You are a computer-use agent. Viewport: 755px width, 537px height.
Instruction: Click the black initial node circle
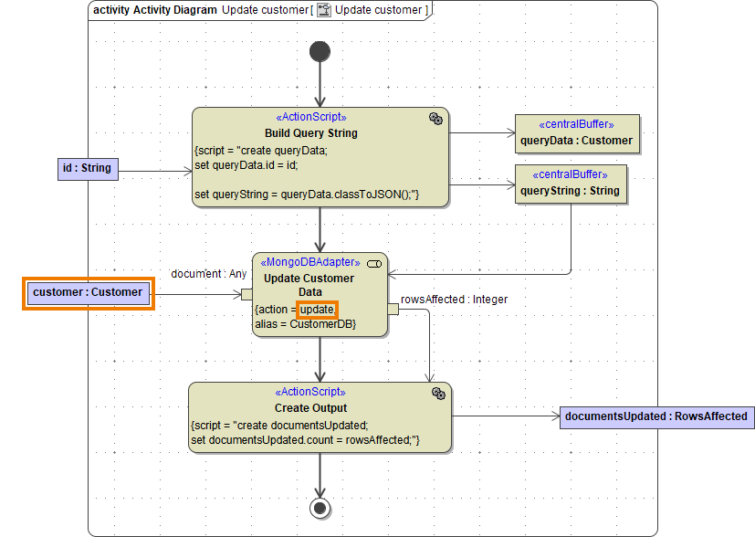pos(320,51)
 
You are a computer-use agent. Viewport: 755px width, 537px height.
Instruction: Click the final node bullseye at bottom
pos(320,507)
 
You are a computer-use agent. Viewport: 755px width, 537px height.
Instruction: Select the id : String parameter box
pos(87,168)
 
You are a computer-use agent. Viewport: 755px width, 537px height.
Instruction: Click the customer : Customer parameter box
pos(88,292)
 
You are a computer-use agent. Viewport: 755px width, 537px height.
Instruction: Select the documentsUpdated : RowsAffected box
pos(655,416)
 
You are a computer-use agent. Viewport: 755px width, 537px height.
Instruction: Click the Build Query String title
pos(310,133)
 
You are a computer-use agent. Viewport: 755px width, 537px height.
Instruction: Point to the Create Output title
pos(310,408)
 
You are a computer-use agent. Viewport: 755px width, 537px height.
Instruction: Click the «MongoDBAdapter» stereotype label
pos(311,262)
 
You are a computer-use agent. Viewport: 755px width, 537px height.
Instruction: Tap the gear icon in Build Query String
pos(435,119)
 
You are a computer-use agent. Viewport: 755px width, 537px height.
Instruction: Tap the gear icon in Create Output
pos(438,393)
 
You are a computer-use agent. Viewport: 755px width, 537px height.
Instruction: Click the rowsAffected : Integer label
pos(454,299)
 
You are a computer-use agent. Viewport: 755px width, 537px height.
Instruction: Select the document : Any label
pos(208,274)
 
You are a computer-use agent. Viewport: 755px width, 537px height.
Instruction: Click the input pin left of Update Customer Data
pos(246,293)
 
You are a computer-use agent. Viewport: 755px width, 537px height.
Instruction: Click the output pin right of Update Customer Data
pos(393,310)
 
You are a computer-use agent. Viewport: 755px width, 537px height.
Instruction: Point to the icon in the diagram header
pos(323,10)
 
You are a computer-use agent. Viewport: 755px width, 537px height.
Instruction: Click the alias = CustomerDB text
pos(304,324)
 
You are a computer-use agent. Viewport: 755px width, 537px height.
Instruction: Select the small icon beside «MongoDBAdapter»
pos(373,263)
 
